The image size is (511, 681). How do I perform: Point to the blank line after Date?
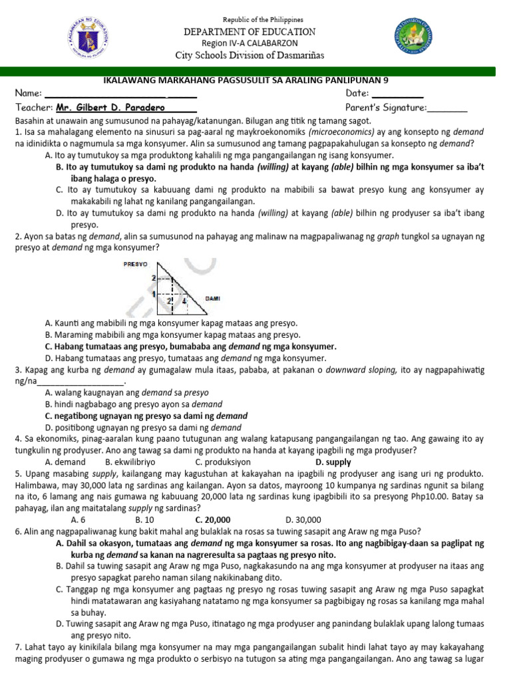[x=397, y=94]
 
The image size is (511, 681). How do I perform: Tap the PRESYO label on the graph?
[x=135, y=264]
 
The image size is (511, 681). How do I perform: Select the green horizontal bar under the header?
[x=255, y=71]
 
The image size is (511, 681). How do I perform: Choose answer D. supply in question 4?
[x=333, y=462]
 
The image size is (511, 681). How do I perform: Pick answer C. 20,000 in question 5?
[x=213, y=519]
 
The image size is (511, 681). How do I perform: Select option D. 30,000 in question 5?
[x=303, y=519]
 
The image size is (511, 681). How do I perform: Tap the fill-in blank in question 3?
[x=81, y=382]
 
